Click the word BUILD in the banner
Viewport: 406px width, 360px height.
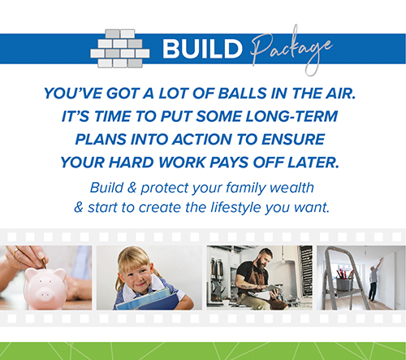coord(202,49)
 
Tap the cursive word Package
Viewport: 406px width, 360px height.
coord(291,50)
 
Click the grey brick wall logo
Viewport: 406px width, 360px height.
coord(120,49)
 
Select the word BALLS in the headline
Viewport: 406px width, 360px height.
coord(242,93)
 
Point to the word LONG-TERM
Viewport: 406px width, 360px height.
coord(292,116)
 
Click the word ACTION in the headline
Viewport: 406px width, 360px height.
coord(202,140)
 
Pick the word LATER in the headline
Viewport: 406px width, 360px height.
coord(313,163)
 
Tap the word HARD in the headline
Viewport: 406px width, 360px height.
coord(132,163)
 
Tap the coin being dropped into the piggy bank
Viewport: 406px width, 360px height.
coord(43,262)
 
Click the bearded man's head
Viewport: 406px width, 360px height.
coord(263,258)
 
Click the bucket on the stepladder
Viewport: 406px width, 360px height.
coord(344,283)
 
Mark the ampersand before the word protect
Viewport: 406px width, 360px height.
coord(132,188)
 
